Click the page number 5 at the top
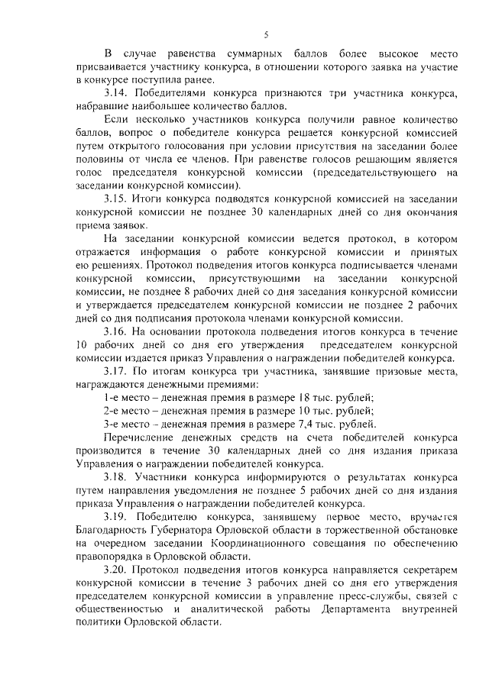coord(266,34)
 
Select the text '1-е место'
coord(127,399)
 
